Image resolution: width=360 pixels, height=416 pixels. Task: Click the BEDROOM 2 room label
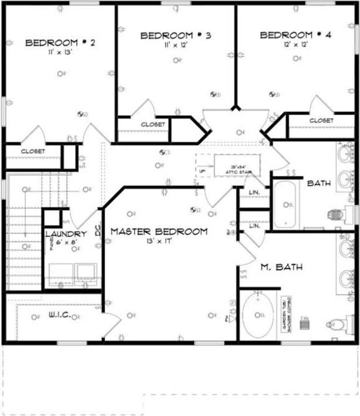(x=60, y=43)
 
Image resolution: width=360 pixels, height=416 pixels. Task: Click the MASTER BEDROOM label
(x=159, y=232)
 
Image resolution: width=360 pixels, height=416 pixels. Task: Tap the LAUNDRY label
(x=66, y=234)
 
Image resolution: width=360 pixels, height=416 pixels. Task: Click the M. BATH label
(x=282, y=267)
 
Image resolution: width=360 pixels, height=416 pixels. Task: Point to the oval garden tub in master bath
(x=258, y=315)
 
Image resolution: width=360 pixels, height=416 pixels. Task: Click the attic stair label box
(x=237, y=166)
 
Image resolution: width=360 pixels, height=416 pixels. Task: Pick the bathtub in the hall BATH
(x=285, y=204)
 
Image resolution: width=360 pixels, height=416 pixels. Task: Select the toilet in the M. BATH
(x=338, y=324)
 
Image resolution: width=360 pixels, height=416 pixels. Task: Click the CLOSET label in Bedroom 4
(x=321, y=120)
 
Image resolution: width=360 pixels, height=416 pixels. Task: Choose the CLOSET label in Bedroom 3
(x=153, y=125)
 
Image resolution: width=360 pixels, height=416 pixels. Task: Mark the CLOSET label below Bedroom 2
(x=33, y=151)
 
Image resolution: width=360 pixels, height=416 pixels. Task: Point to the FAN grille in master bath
(x=304, y=324)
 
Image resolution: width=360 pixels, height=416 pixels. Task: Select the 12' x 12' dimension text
(x=295, y=44)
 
